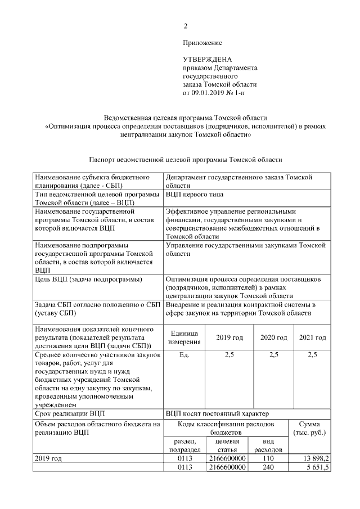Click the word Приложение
coord(202,43)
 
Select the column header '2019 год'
coord(229,337)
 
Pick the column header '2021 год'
coord(312,337)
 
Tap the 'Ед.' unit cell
coord(184,355)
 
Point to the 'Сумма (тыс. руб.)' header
coord(309,429)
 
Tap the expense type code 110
coord(268,459)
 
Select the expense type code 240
coord(268,467)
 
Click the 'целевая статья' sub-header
coord(227,446)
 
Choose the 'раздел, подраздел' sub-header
coord(185,446)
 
